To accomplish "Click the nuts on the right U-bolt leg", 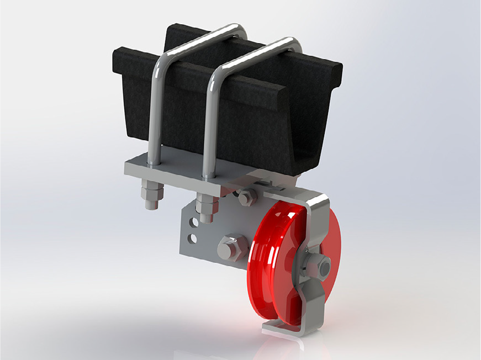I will pyautogui.click(x=205, y=208).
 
